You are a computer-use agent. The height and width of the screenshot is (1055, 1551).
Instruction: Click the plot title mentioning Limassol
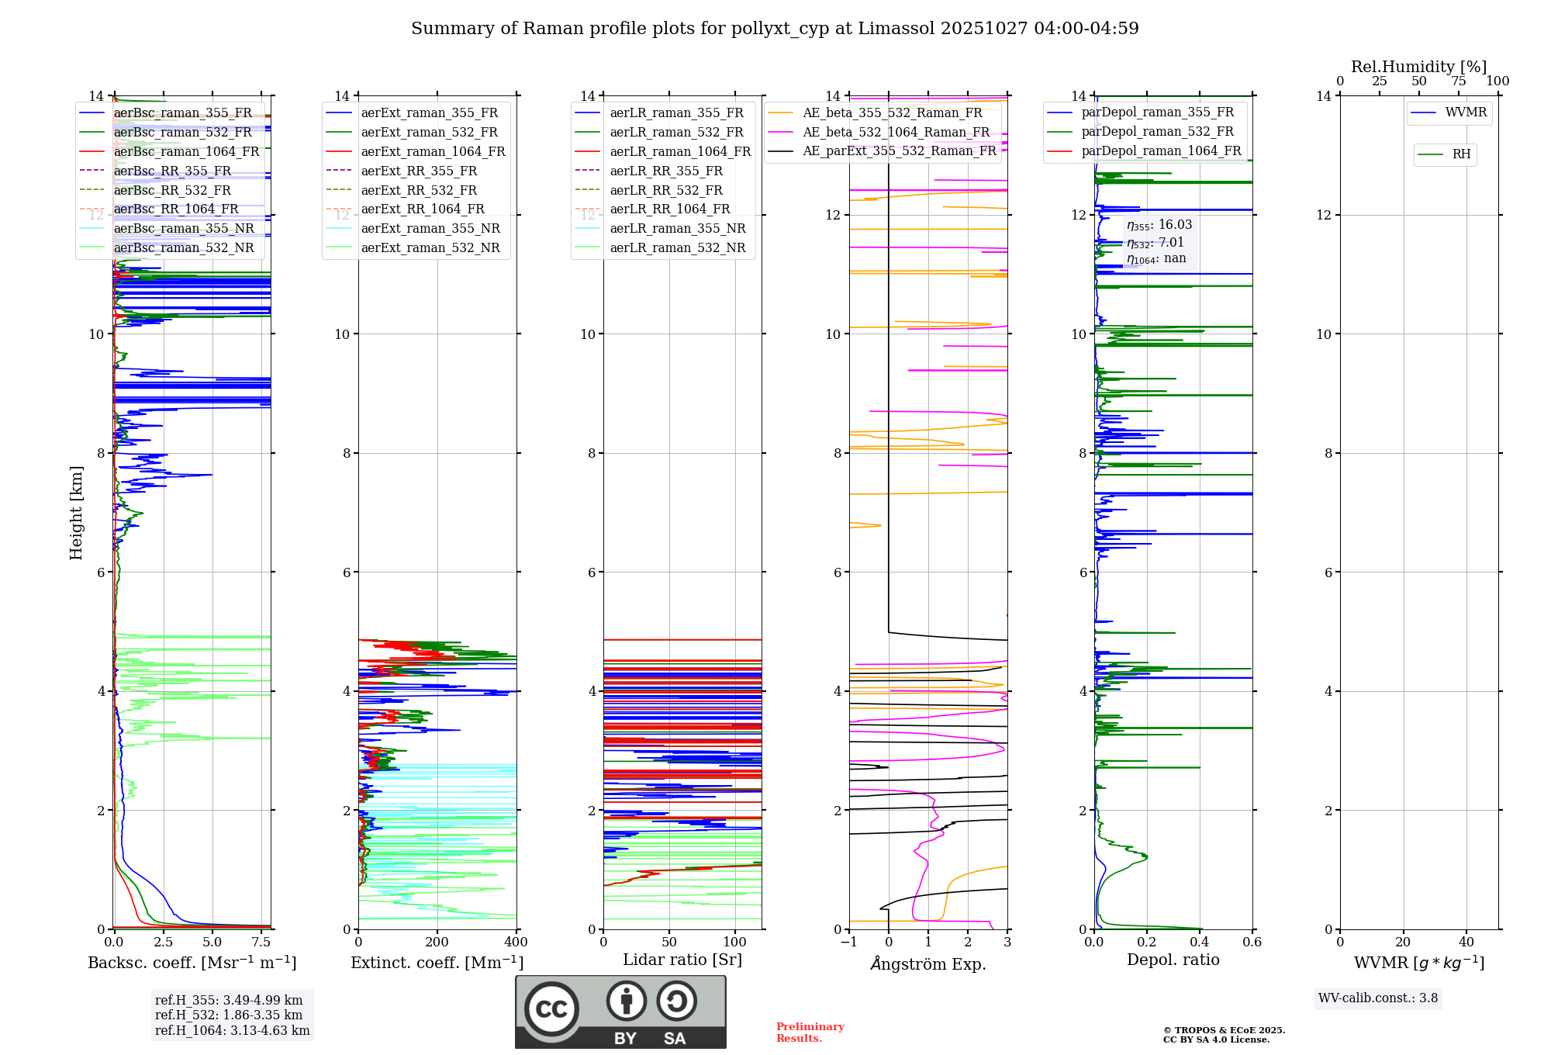(x=775, y=29)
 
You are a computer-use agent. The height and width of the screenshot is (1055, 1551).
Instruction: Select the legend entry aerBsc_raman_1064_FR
(x=186, y=152)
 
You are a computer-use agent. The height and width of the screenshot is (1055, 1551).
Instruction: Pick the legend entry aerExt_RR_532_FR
(x=419, y=190)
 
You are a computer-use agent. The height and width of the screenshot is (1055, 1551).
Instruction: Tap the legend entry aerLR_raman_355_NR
(x=677, y=229)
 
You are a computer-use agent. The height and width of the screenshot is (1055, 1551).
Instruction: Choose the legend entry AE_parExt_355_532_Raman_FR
(x=899, y=151)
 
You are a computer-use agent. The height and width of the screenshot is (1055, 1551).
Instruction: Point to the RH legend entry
(x=1461, y=154)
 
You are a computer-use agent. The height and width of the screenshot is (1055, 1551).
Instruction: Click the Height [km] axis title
(x=76, y=513)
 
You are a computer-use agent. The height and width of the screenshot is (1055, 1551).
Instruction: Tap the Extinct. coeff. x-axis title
(x=437, y=963)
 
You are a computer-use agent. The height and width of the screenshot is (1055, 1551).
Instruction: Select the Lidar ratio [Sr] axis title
(x=682, y=960)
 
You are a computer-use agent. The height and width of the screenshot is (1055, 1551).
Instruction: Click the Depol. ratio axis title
(x=1173, y=960)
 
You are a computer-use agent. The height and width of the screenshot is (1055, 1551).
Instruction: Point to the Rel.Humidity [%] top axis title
(x=1418, y=67)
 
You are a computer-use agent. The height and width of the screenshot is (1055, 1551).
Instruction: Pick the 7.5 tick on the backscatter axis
(x=261, y=942)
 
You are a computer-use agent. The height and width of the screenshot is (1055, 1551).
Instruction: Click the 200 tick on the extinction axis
(x=437, y=942)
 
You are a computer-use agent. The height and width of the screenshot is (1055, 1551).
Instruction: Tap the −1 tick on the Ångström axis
(x=849, y=942)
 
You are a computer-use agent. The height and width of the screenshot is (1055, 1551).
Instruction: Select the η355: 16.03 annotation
(x=1159, y=225)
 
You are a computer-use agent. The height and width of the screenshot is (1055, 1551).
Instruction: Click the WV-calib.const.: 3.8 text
(x=1378, y=998)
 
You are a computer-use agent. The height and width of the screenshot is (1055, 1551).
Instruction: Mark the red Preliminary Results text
(x=810, y=1033)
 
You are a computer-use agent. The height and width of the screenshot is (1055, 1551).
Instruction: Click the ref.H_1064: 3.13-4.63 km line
(x=232, y=1031)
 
